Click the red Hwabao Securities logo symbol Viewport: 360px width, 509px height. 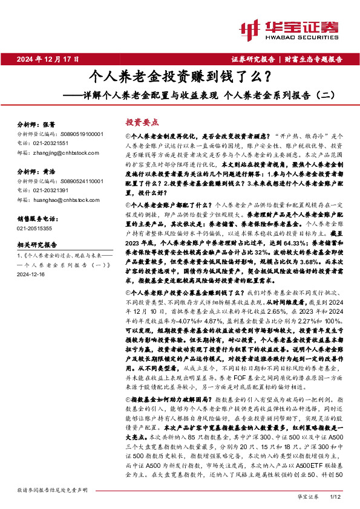tap(250, 28)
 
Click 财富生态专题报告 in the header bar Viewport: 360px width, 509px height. tap(314, 59)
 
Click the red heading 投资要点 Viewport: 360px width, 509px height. tap(142, 121)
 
